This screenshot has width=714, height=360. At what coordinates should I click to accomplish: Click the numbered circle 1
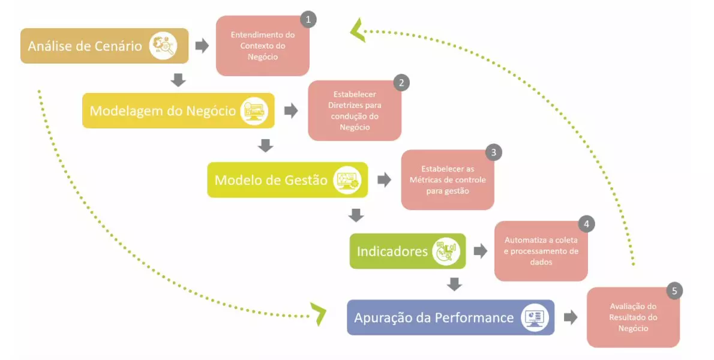coord(308,20)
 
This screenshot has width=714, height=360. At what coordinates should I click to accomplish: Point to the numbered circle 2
coord(401,83)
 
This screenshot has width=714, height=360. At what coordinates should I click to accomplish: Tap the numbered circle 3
coord(493,152)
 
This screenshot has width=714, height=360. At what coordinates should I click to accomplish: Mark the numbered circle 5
coord(674,291)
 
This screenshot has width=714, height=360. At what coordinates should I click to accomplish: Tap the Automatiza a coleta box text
coord(541,251)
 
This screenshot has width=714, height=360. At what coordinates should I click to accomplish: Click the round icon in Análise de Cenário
coord(163,46)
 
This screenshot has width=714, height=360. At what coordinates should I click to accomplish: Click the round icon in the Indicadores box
coord(447,251)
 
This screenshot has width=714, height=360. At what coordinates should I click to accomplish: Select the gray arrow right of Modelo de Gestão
coord(384,180)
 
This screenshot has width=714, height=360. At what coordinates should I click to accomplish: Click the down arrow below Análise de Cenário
coord(178,79)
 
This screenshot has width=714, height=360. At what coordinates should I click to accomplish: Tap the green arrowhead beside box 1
coord(358,30)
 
